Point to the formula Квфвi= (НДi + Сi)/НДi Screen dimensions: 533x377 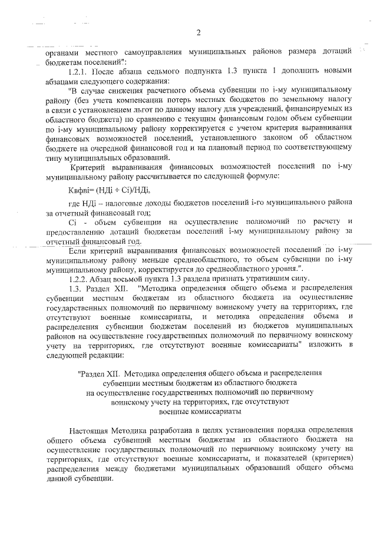[110, 190]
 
